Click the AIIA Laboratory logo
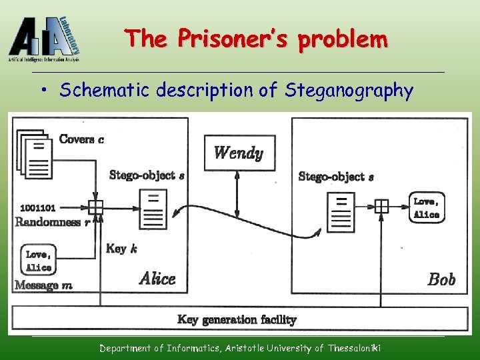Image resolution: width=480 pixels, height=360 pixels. click(x=45, y=39)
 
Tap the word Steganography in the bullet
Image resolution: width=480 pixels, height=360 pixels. click(x=349, y=90)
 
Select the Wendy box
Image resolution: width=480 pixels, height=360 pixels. click(x=238, y=153)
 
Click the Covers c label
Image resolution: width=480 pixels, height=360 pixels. click(x=81, y=139)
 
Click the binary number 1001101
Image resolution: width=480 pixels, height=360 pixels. click(x=38, y=207)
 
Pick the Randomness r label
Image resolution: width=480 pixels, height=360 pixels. click(x=52, y=222)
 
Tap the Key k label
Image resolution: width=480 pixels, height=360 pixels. click(x=121, y=249)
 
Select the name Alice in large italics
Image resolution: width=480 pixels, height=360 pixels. click(x=157, y=279)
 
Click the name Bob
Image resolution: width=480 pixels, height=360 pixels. click(x=441, y=279)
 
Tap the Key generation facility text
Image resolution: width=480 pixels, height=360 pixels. click(x=237, y=320)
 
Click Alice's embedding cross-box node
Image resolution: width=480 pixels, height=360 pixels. click(x=96, y=207)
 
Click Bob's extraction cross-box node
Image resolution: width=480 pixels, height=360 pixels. click(x=381, y=206)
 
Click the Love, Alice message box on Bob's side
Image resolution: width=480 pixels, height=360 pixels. click(x=426, y=207)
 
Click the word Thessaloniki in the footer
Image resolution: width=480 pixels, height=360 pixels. click(x=354, y=348)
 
